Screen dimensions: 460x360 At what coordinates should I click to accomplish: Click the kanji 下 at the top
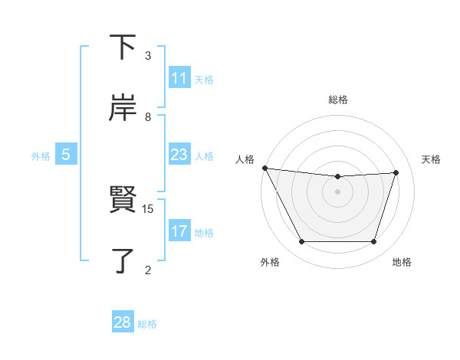tap(123, 48)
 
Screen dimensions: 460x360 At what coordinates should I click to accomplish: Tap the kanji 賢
tap(123, 200)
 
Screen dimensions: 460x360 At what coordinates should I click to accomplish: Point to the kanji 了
tap(123, 260)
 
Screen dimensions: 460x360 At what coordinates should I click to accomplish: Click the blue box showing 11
tap(179, 78)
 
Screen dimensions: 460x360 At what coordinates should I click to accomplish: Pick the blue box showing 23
tap(179, 155)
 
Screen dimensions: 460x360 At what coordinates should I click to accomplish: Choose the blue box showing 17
tap(179, 231)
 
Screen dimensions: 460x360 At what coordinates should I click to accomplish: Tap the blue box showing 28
tap(123, 322)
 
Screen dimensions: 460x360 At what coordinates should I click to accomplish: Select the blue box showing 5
tap(66, 155)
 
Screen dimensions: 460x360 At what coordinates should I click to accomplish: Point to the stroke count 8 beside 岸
tap(148, 116)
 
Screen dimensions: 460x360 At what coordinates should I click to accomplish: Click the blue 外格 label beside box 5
tap(41, 155)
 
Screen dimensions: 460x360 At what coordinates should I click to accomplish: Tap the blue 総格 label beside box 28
tap(147, 323)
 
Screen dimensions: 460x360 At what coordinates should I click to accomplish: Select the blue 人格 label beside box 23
tap(204, 155)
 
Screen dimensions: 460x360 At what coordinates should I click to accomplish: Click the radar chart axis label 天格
tap(432, 159)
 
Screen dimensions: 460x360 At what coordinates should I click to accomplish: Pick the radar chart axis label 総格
tap(338, 100)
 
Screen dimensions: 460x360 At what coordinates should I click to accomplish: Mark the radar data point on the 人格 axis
tap(264, 168)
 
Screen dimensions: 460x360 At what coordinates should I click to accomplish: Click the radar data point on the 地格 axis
tap(374, 242)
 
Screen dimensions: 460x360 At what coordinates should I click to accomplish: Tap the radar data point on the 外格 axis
tap(301, 242)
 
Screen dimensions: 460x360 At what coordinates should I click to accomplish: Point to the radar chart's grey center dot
tap(338, 191)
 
